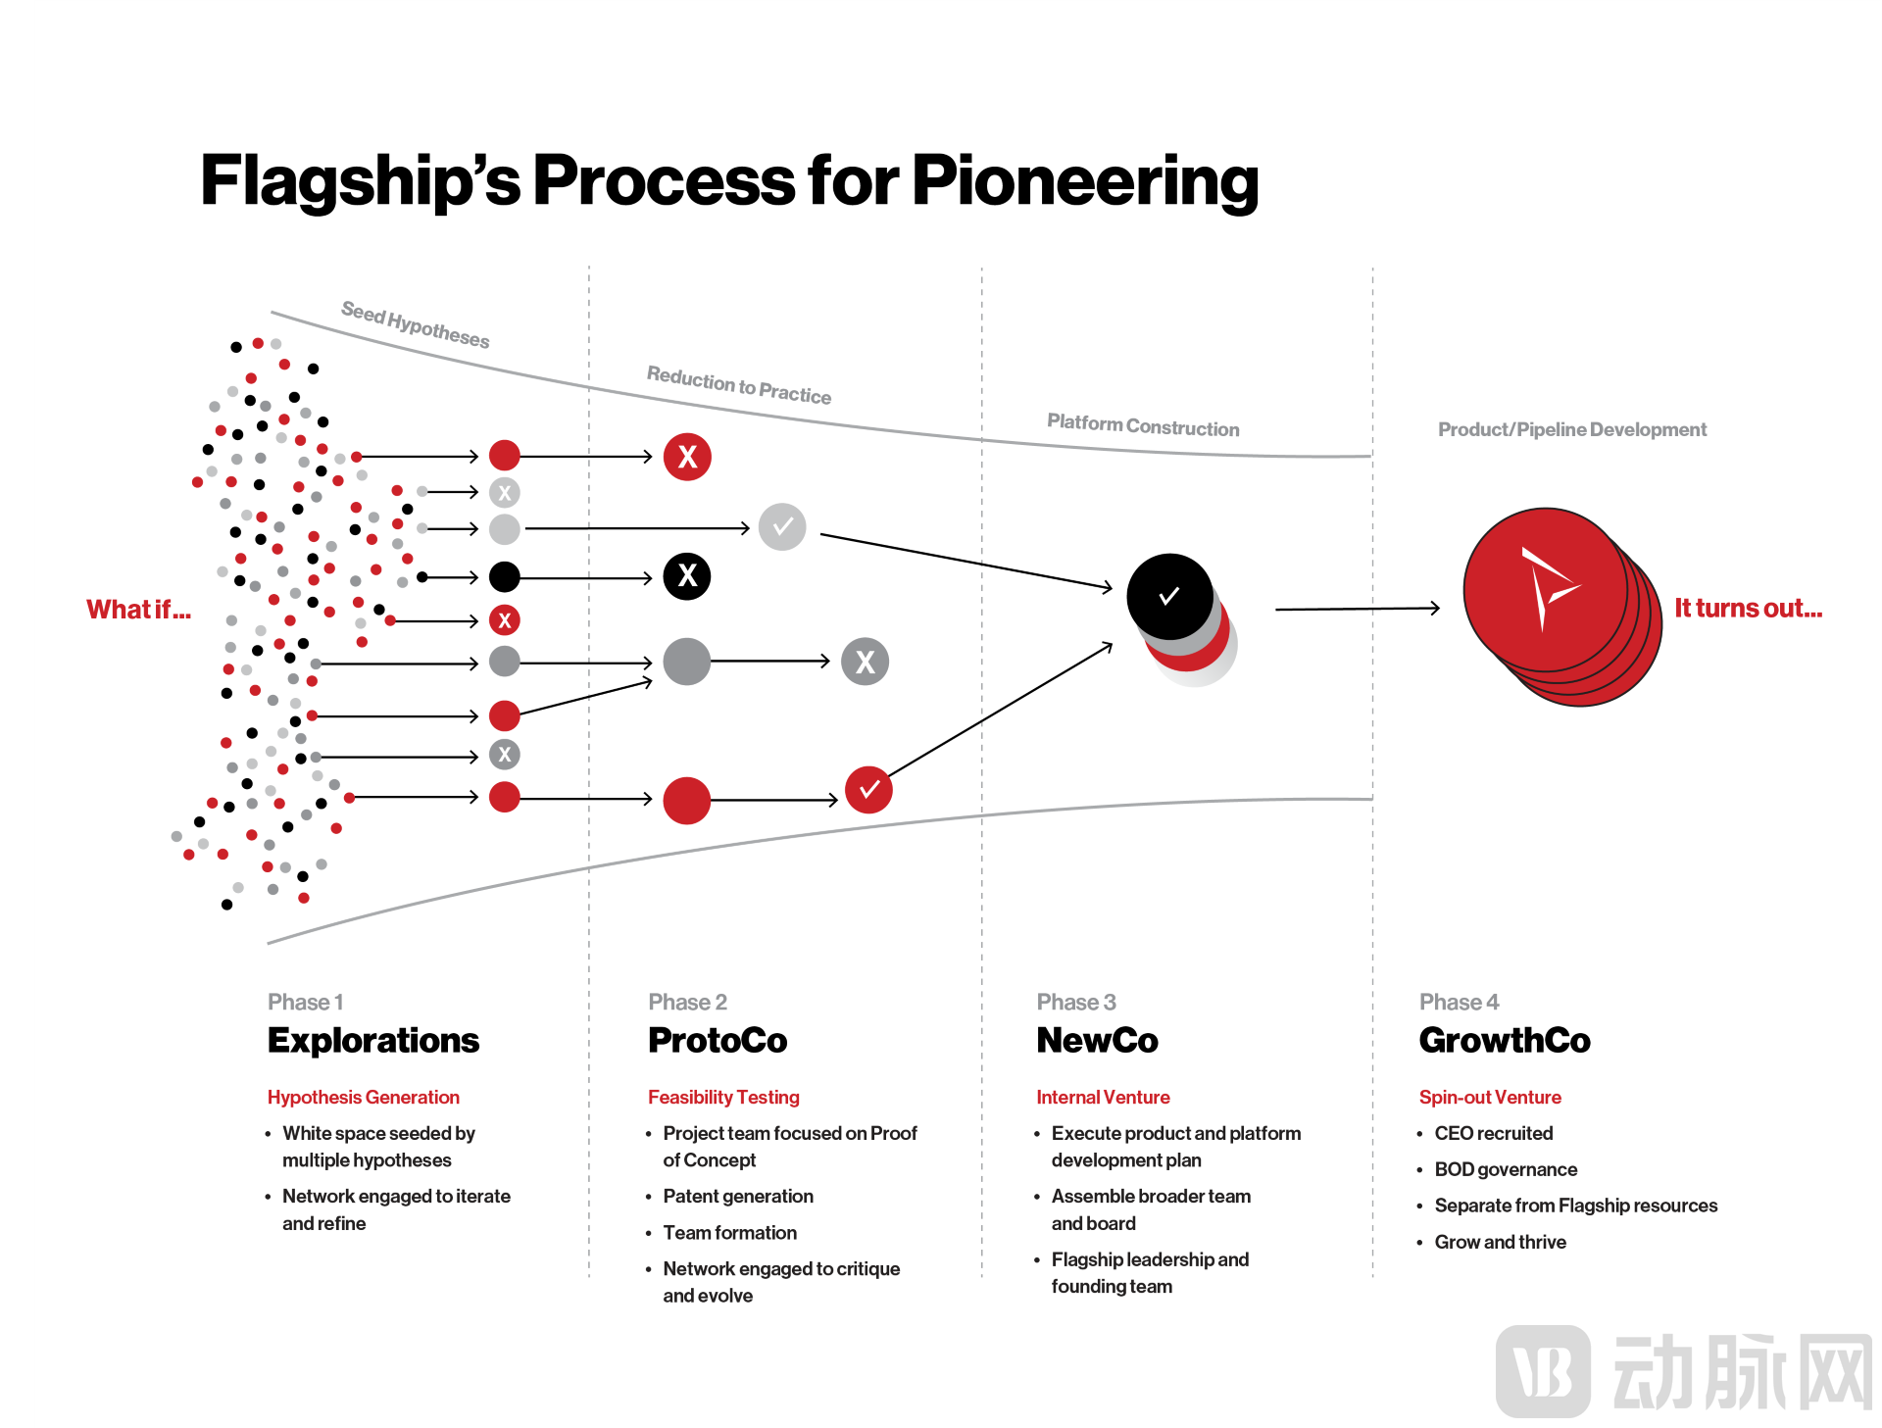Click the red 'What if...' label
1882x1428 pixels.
click(138, 610)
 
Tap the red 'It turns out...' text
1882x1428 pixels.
click(1748, 609)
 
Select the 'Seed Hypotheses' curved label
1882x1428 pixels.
click(415, 324)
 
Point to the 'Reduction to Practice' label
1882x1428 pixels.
click(738, 385)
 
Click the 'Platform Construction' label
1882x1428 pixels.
click(1143, 425)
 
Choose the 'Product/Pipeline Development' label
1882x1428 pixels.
click(1571, 429)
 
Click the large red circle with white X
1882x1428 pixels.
click(687, 457)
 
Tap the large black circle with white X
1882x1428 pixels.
click(687, 576)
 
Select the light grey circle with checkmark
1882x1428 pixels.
click(782, 527)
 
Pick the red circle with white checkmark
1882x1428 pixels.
click(868, 789)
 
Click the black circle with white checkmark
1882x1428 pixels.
click(1169, 596)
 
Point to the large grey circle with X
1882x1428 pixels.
click(866, 662)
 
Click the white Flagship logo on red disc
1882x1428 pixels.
click(1545, 588)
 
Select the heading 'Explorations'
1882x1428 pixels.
click(373, 1040)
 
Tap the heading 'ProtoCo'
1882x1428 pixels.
click(718, 1040)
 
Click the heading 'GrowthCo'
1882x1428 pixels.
click(1505, 1040)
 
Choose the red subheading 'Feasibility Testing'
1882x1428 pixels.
click(723, 1097)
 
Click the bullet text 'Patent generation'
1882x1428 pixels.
click(738, 1196)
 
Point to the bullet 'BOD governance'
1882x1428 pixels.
click(1506, 1169)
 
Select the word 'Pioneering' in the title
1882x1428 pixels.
click(1085, 181)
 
